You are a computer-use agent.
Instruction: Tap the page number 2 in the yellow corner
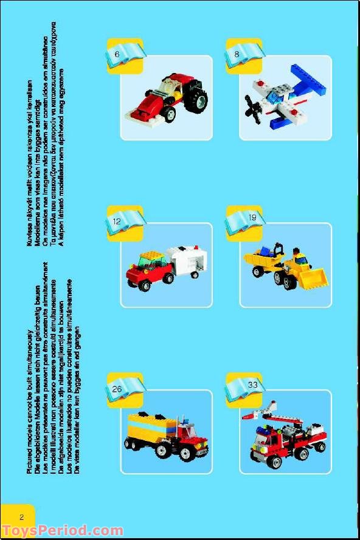[x=21, y=517]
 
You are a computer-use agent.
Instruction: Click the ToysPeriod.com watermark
[x=55, y=531]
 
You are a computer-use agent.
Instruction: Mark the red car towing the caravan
[x=146, y=269]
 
